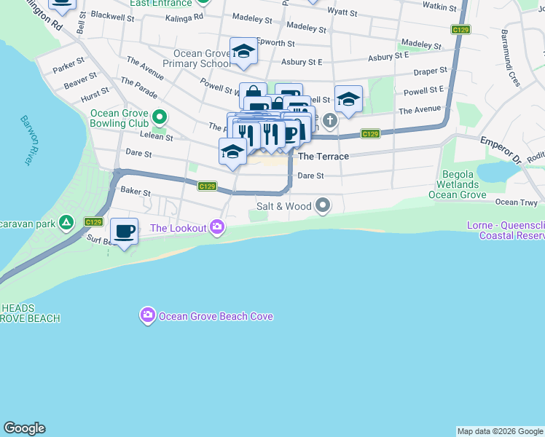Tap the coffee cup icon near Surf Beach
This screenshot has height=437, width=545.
(x=124, y=232)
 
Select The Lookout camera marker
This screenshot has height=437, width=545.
(x=216, y=228)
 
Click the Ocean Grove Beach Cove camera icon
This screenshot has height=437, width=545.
(x=148, y=315)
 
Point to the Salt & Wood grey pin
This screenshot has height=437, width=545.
(x=323, y=207)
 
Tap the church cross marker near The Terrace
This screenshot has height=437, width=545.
(x=330, y=120)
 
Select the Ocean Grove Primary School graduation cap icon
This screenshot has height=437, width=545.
(x=243, y=52)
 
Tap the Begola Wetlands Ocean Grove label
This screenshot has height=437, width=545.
(x=458, y=185)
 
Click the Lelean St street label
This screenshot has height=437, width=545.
(x=158, y=137)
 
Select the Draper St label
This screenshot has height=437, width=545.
(x=430, y=71)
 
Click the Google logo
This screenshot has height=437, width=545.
(x=24, y=428)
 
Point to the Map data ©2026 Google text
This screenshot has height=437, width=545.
(x=500, y=431)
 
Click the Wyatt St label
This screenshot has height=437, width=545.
(x=342, y=12)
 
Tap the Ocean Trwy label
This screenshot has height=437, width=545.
(x=516, y=202)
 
